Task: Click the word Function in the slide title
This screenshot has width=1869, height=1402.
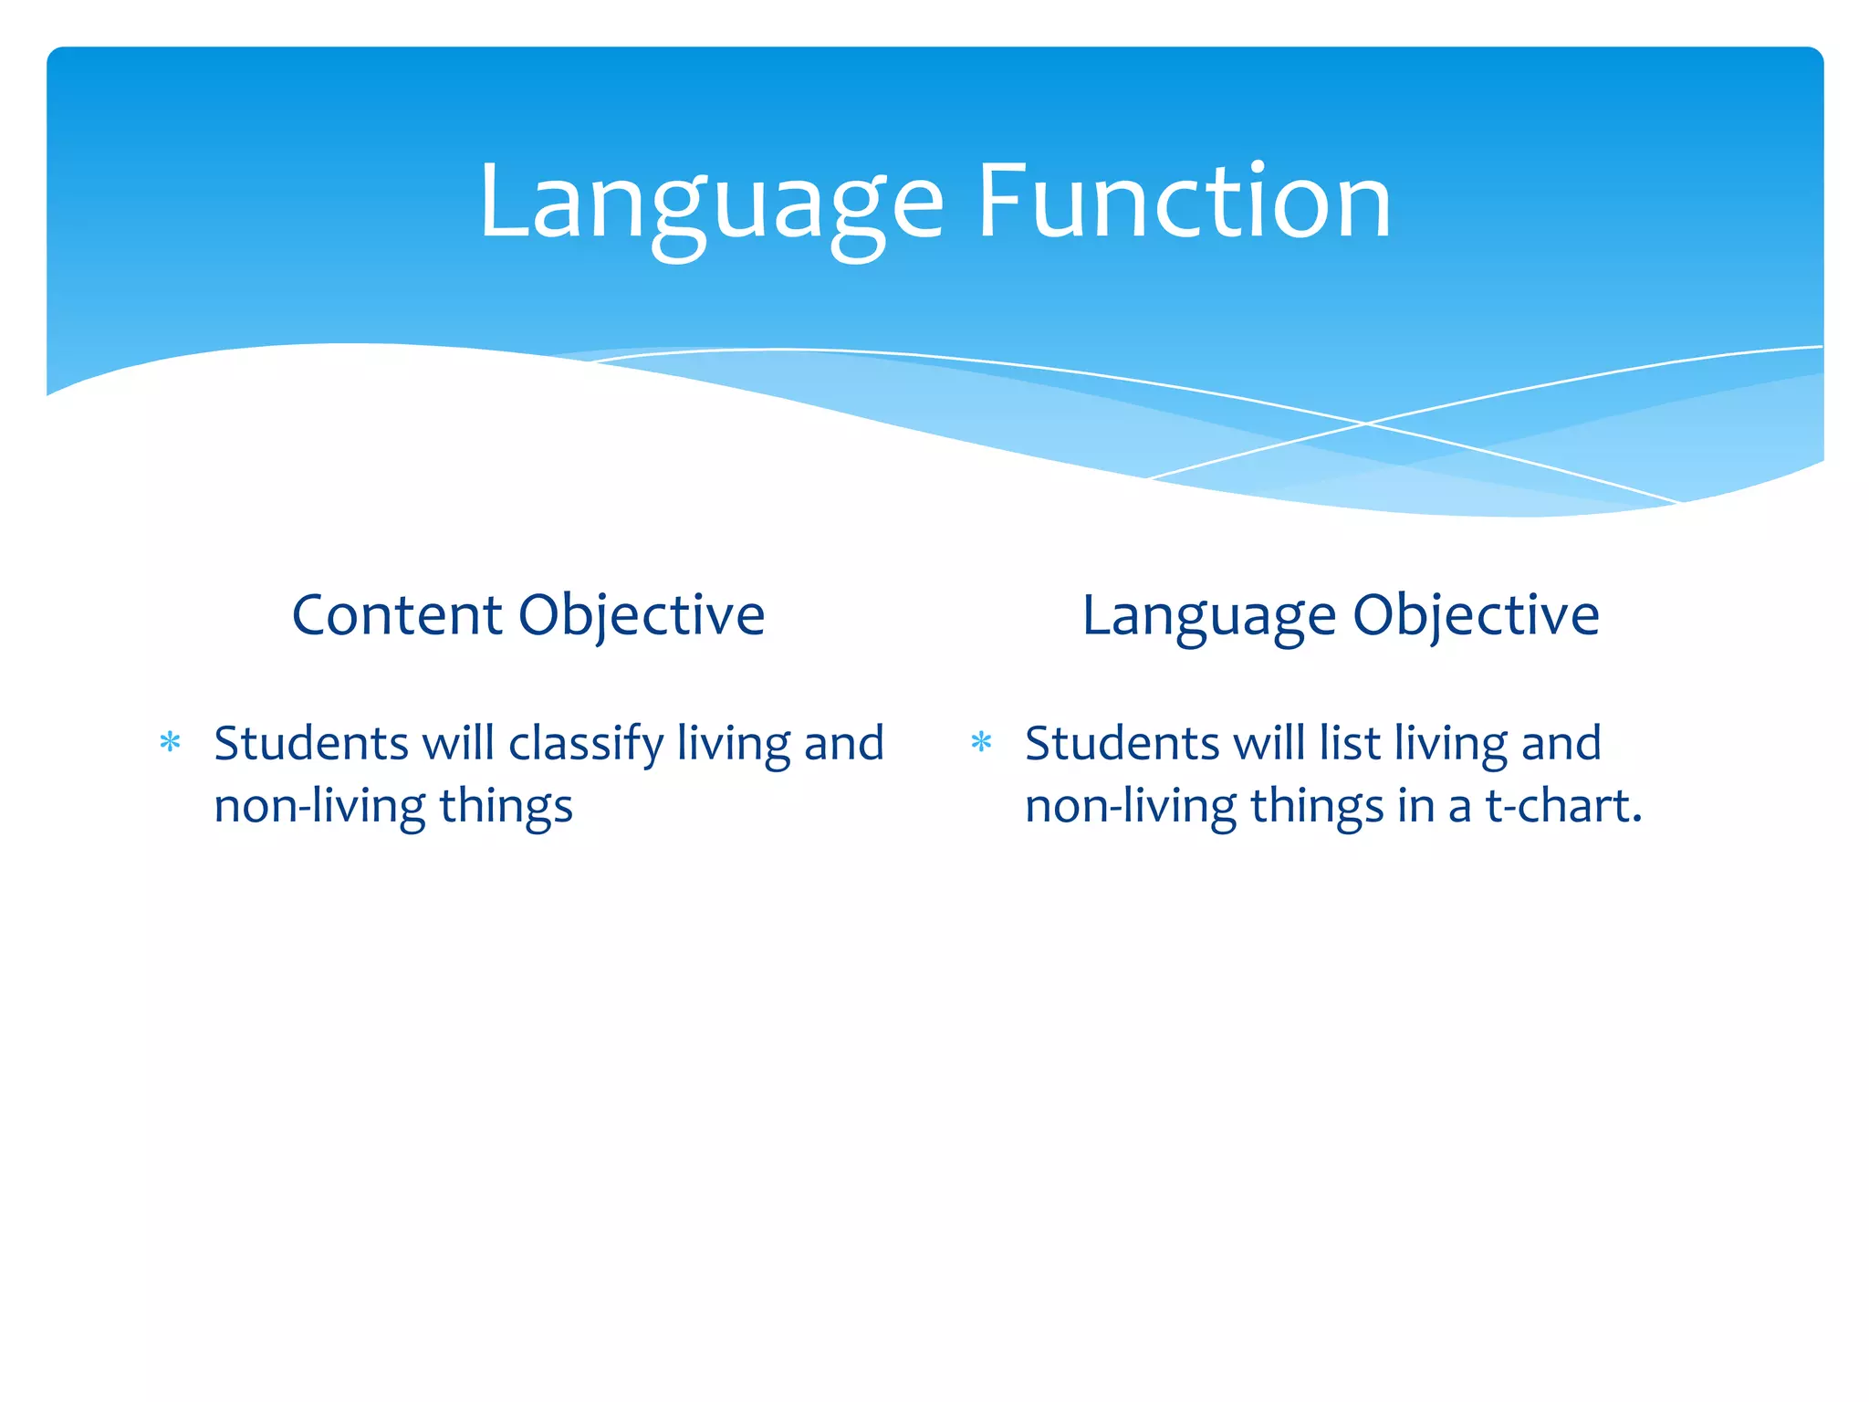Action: coord(1184,203)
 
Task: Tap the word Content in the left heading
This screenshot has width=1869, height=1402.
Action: coord(396,615)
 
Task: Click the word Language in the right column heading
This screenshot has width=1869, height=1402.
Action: coord(1207,615)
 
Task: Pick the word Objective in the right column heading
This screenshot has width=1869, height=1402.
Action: coord(1476,615)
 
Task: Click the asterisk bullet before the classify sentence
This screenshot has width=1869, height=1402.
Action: coord(170,742)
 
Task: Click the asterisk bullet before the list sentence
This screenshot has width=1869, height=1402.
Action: coord(981,742)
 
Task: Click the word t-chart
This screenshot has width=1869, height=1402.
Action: coord(1562,807)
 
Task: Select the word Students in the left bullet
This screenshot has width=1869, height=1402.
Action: coord(310,744)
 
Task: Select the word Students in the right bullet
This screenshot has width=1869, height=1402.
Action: coord(1122,744)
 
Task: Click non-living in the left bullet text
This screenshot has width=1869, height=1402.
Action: coord(319,807)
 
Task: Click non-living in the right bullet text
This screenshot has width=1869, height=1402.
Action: coord(1131,807)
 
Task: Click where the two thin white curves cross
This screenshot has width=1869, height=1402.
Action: coord(1366,424)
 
